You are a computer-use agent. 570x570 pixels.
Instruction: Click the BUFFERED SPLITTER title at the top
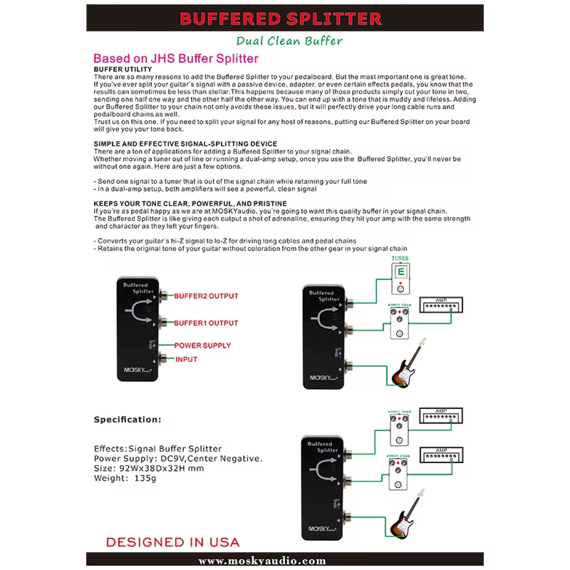[x=281, y=19]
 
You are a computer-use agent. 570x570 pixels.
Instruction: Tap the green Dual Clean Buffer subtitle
[x=289, y=41]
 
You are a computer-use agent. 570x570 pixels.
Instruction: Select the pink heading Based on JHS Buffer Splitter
[x=176, y=58]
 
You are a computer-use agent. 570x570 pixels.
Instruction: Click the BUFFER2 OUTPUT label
[x=206, y=296]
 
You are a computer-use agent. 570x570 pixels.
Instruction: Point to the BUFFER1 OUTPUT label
[x=206, y=323]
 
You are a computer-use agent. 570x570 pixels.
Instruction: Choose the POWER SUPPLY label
[x=202, y=345]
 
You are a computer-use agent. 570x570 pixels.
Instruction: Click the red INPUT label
[x=186, y=359]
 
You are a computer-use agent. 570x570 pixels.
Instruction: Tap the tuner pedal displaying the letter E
[x=400, y=279]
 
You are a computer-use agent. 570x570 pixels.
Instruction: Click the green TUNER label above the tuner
[x=400, y=259]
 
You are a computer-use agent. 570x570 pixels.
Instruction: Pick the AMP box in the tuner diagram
[x=441, y=305]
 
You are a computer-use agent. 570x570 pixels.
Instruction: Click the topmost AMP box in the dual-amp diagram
[x=441, y=416]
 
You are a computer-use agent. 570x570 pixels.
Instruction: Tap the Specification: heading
[x=128, y=420]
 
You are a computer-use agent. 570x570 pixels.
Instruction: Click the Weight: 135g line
[x=125, y=478]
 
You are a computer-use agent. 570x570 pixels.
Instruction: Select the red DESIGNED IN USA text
[x=173, y=542]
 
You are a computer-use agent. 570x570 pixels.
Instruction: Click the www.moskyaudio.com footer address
[x=262, y=561]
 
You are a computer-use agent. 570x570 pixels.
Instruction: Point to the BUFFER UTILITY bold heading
[x=123, y=69]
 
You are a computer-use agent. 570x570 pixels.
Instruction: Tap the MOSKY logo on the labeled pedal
[x=138, y=370]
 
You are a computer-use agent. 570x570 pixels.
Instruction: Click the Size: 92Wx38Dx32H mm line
[x=149, y=468]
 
